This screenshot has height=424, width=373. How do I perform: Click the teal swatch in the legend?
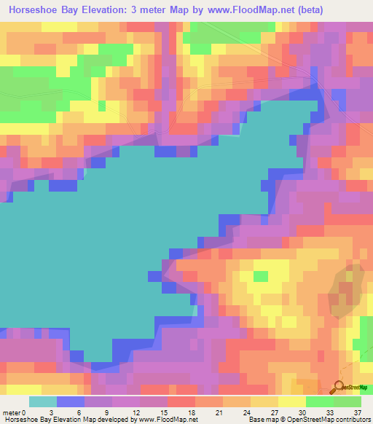43,401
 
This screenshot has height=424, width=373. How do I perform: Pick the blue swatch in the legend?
71,401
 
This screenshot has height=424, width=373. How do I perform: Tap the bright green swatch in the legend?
320,401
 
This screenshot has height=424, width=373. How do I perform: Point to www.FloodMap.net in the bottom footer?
168,420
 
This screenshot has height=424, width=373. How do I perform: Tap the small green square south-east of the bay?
259,276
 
